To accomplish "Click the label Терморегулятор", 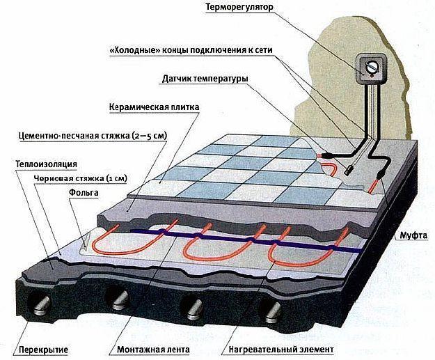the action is (239, 7).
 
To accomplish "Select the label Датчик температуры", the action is (205, 79).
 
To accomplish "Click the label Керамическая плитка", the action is (155, 107).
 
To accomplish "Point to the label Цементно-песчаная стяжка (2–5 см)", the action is (93, 136).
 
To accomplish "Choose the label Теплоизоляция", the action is (47, 164).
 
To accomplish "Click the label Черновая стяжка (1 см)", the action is (80, 178).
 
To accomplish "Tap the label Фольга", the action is (84, 192).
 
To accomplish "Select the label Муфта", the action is (413, 235).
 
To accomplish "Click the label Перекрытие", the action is (43, 350).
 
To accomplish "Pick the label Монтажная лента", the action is (153, 350).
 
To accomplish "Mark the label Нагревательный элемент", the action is (281, 350).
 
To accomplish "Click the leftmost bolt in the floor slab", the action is (42, 305).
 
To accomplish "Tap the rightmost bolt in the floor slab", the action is (273, 313).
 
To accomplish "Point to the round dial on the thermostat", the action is (371, 68).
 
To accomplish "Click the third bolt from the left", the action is (194, 309).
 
